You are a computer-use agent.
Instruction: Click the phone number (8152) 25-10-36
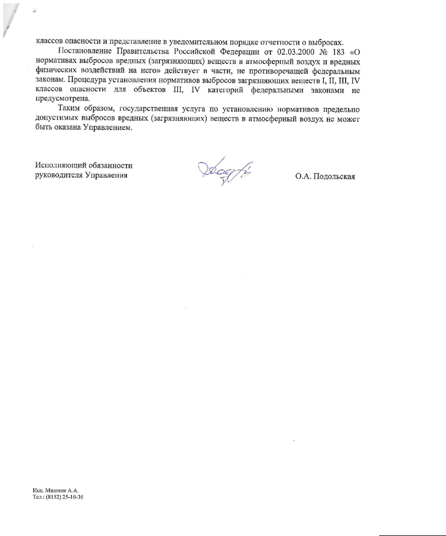tap(66, 496)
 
